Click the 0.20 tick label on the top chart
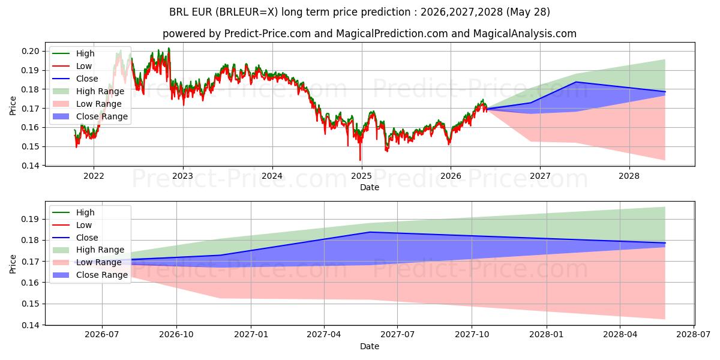30,51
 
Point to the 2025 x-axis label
361,176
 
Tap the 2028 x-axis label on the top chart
629,176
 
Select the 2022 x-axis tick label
94,176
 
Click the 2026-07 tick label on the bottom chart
102,335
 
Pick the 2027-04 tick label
324,335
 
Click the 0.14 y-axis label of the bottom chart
30,325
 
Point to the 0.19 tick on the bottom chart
30,219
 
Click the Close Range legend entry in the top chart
91,116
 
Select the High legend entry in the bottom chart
74,212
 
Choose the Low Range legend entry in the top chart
87,104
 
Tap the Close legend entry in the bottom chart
75,238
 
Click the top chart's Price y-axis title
13,106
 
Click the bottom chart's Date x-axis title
370,346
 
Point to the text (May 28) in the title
528,12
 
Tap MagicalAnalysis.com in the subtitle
524,34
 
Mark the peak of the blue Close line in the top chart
576,82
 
